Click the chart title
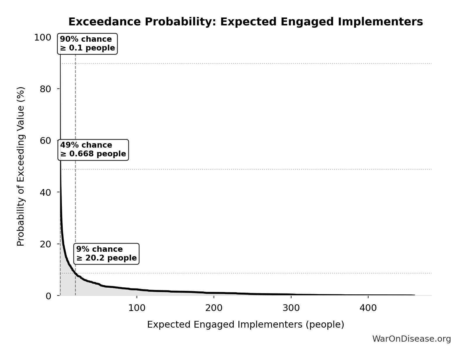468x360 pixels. tap(245, 22)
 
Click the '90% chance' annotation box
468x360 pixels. tap(87, 44)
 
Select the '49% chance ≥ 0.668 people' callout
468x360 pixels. tap(93, 150)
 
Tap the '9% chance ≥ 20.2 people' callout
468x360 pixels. tap(106, 254)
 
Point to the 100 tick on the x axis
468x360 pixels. tap(137, 308)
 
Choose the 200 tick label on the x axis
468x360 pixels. tap(214, 308)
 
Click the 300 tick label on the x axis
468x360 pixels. tap(291, 308)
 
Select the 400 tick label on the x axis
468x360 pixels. tap(368, 308)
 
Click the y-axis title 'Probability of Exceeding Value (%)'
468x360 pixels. tap(21, 166)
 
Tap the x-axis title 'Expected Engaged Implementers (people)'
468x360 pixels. tap(245, 324)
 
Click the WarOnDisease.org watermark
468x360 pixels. tap(411, 339)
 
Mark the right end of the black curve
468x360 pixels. tap(414, 295)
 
